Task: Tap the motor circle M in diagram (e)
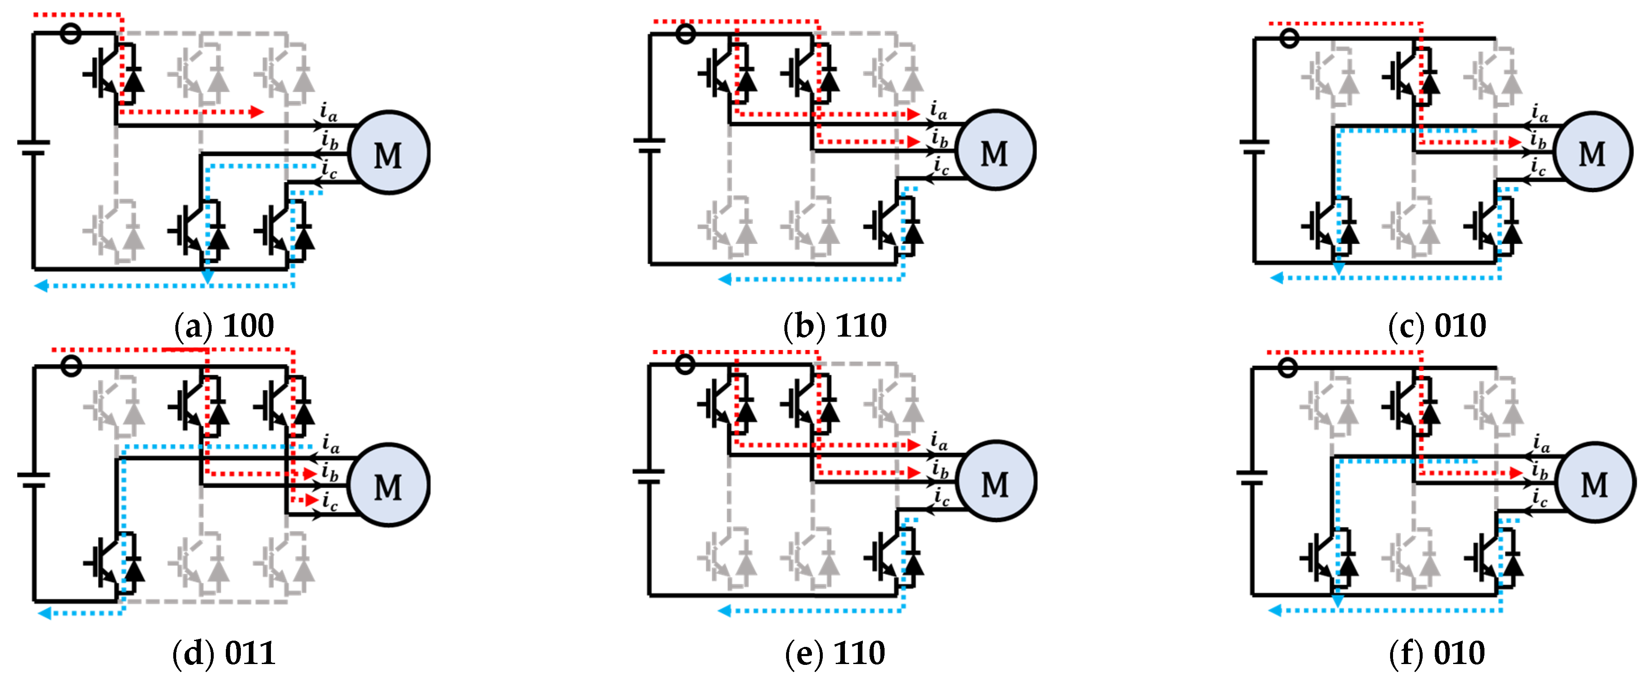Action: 995,482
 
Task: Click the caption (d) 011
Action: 224,653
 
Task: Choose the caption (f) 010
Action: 1436,653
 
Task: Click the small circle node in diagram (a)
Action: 71,33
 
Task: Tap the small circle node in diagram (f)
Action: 1287,367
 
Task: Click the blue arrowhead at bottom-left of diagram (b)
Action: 724,279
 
